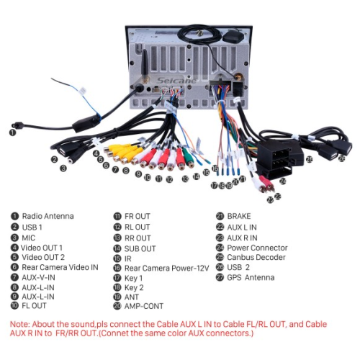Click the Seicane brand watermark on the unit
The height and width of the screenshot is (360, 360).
pyautogui.click(x=176, y=81)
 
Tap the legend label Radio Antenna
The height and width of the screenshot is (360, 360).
pyautogui.click(x=48, y=216)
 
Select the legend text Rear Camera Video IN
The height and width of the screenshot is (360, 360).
pyautogui.click(x=60, y=267)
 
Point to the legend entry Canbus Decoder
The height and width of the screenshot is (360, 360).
pyautogui.click(x=256, y=257)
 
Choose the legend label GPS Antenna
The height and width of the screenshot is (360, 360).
pyautogui.click(x=251, y=277)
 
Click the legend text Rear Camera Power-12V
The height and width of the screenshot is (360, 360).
pyautogui.click(x=166, y=268)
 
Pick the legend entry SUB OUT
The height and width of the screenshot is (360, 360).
pyautogui.click(x=140, y=248)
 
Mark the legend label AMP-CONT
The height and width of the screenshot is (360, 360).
pyautogui.click(x=144, y=306)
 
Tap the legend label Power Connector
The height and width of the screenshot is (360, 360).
pyautogui.click(x=257, y=248)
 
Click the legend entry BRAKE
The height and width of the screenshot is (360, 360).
pyautogui.click(x=239, y=216)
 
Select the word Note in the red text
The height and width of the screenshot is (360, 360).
pyautogui.click(x=19, y=324)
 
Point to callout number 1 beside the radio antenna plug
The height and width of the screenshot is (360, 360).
pyautogui.click(x=12, y=132)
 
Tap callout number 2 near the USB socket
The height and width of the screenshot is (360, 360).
pyautogui.click(x=55, y=159)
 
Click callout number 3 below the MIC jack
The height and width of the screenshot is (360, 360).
pyautogui.click(x=63, y=168)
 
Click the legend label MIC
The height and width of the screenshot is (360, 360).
pyautogui.click(x=29, y=238)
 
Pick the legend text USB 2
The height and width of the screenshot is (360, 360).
pyautogui.click(x=238, y=267)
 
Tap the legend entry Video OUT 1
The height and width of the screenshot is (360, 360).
pyautogui.click(x=42, y=248)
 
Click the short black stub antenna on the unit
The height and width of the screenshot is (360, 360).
pyautogui.click(x=145, y=65)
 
